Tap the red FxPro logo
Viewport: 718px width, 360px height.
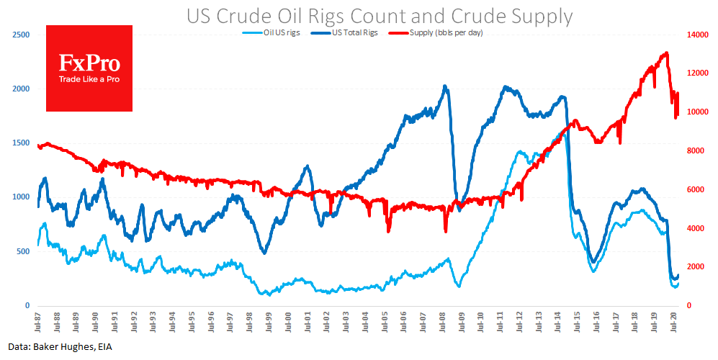coord(89,68)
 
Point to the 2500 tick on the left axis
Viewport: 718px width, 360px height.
coord(21,35)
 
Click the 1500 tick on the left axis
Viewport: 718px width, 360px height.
coord(21,143)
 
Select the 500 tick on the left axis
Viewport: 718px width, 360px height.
coord(23,252)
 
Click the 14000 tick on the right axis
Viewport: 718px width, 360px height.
coord(695,35)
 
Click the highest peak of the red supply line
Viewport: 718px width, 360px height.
coord(666,53)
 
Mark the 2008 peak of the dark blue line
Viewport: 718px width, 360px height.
coord(445,86)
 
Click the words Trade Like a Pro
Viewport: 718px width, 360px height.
coord(89,78)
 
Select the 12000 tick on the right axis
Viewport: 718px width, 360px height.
coord(695,73)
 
